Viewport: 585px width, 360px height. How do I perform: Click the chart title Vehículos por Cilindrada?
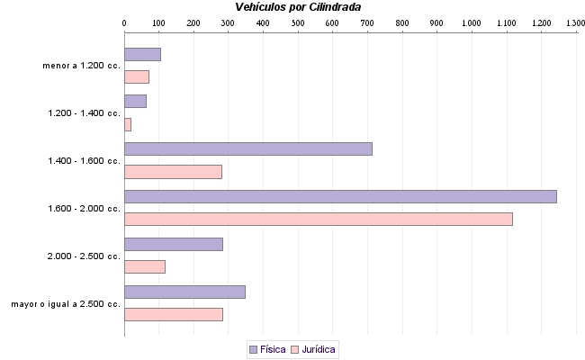point(298,7)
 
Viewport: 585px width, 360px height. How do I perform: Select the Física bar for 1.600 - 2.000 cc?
point(340,196)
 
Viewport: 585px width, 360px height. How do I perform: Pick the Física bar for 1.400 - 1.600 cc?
point(247,148)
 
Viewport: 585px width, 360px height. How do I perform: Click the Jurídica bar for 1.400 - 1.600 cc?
point(173,172)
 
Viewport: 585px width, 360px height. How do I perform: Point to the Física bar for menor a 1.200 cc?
point(142,54)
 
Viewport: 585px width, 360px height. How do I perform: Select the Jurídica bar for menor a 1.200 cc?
point(137,76)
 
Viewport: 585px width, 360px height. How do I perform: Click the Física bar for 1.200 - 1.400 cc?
point(135,101)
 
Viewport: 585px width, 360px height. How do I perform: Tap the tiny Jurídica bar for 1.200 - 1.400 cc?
point(128,124)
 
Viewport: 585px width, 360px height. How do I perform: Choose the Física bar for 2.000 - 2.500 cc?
point(173,244)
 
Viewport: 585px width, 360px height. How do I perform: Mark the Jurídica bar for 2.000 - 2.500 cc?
point(145,266)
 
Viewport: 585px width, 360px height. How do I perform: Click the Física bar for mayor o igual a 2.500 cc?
point(184,292)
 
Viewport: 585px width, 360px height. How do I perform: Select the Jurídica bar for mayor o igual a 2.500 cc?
point(173,314)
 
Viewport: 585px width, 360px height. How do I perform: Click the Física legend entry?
point(267,348)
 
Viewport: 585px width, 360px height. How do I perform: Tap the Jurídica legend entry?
point(313,348)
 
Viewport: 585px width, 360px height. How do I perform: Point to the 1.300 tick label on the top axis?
point(575,21)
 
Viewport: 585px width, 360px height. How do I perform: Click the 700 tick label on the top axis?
point(367,21)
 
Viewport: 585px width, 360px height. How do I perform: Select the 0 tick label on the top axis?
point(124,21)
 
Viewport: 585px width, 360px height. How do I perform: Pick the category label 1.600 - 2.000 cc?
point(84,208)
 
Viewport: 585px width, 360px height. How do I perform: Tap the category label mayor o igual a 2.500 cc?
point(66,303)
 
